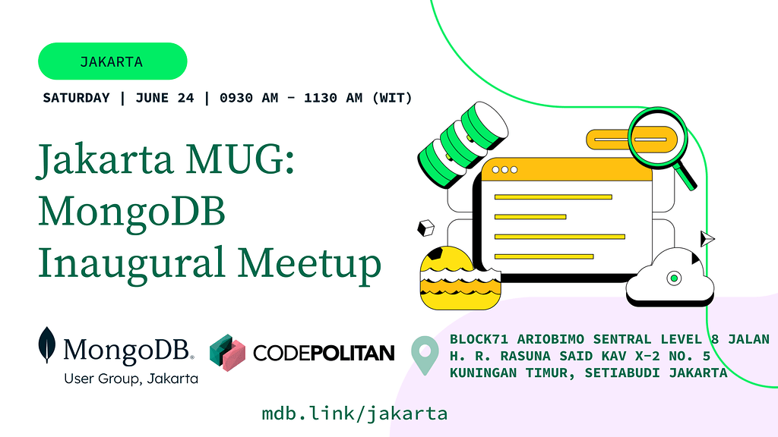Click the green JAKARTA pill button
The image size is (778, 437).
[112, 61]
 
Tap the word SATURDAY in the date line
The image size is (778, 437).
[76, 98]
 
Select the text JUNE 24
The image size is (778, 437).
[165, 98]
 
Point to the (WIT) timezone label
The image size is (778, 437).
[392, 98]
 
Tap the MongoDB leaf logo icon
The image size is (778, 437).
[47, 345]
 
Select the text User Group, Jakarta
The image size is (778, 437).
[131, 379]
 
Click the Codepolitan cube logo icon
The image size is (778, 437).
[227, 353]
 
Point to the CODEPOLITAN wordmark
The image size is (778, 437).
[324, 354]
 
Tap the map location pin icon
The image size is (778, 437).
[425, 355]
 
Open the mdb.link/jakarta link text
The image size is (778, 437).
[354, 413]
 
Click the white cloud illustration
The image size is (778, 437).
[670, 278]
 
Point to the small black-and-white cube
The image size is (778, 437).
[425, 228]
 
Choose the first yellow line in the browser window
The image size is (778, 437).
[553, 197]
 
